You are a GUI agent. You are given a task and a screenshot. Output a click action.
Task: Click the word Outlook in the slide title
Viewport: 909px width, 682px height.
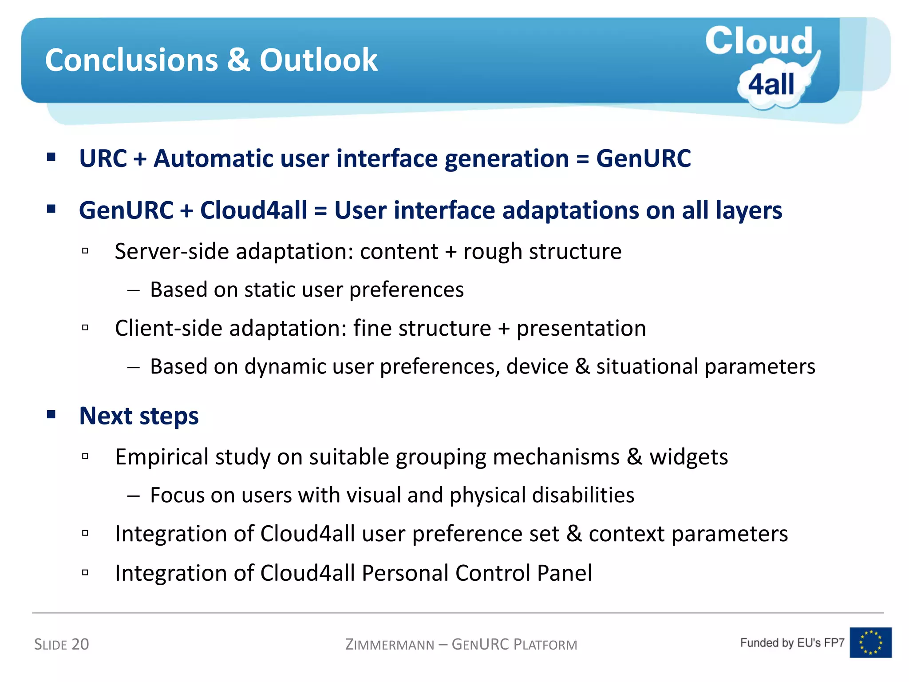point(318,60)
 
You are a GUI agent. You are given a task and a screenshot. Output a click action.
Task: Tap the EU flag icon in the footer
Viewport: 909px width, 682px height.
point(870,642)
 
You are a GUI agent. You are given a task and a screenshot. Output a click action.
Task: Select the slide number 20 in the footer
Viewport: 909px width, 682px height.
point(80,644)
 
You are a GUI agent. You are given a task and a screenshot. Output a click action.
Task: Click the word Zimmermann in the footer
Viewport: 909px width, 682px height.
point(390,645)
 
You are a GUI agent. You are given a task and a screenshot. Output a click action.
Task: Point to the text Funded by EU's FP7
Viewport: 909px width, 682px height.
point(792,642)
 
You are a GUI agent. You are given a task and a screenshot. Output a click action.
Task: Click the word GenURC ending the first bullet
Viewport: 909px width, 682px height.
point(643,159)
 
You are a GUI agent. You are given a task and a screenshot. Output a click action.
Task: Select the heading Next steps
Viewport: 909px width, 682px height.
point(139,416)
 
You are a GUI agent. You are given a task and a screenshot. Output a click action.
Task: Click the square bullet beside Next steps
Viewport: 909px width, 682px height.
point(51,415)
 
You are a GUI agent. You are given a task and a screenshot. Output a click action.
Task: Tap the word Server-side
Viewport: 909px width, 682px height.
point(172,252)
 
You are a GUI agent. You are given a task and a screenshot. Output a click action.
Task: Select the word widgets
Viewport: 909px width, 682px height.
point(688,457)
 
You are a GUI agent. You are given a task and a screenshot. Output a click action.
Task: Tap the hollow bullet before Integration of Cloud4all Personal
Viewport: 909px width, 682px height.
point(85,572)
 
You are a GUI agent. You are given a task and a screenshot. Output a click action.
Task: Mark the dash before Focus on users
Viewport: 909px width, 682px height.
point(134,495)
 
